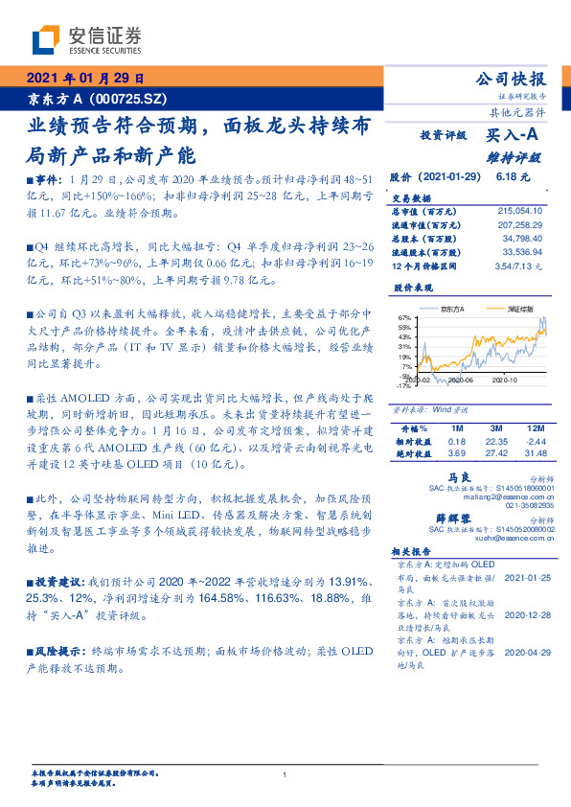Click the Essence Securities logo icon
pos(47,41)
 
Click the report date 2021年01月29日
pos(85,79)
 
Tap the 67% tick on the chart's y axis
pos(404,317)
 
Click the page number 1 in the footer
pos(285,774)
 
